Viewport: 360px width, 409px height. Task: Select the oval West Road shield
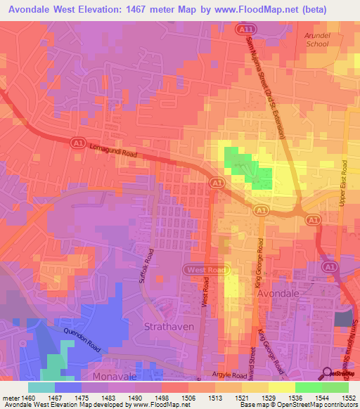tap(205, 270)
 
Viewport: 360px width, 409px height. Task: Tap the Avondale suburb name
tap(279, 292)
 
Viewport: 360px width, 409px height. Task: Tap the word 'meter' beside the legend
tap(11, 397)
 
